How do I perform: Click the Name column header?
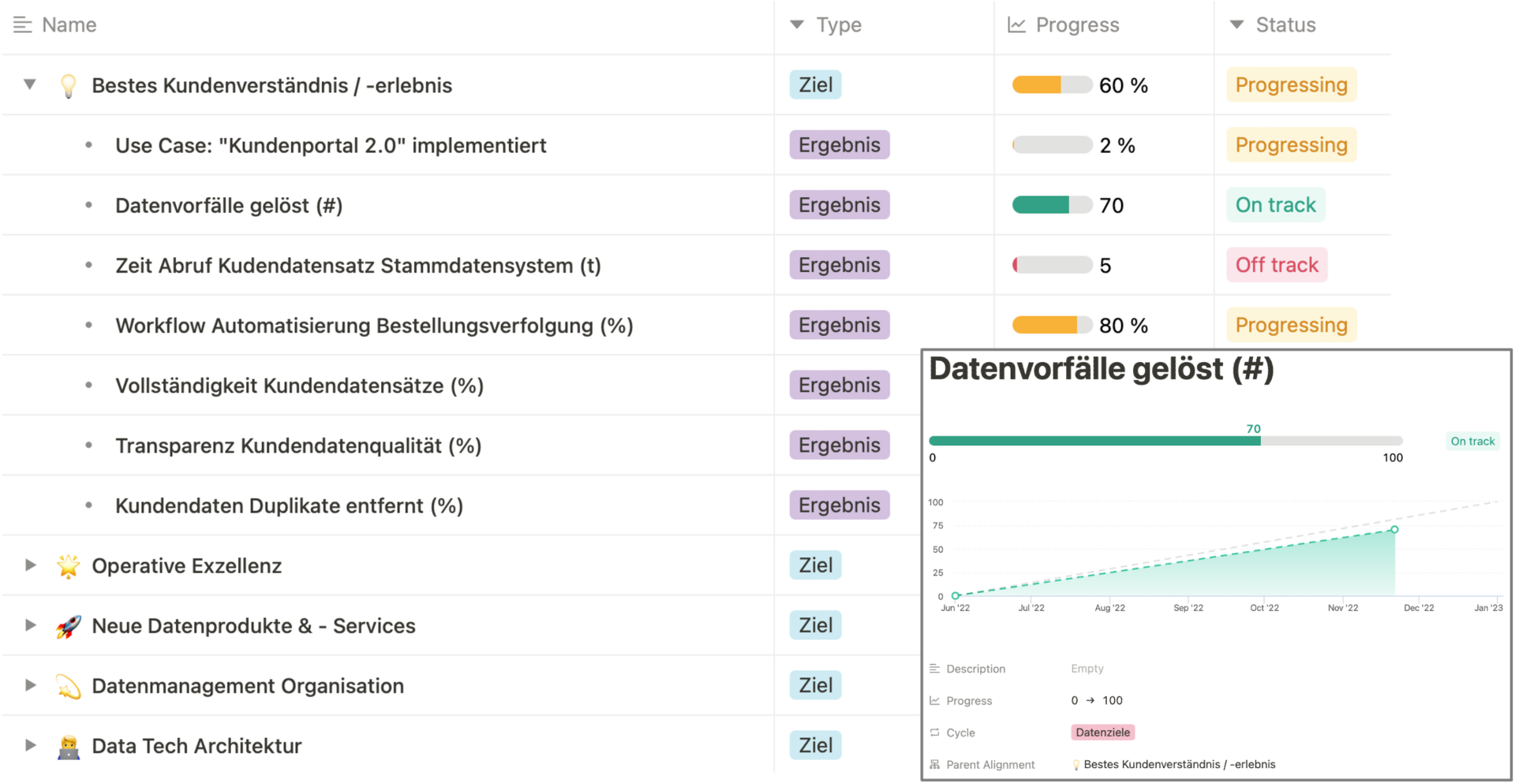[69, 25]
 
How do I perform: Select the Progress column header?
[1076, 25]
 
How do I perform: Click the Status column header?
[1285, 25]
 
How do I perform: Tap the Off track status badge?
[1276, 265]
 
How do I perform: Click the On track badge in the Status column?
[1275, 205]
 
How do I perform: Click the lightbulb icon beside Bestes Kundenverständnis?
[69, 86]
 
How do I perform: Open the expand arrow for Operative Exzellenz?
[30, 565]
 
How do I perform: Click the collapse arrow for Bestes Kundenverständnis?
[30, 84]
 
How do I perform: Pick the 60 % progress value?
[1123, 85]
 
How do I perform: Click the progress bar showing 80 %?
[1052, 325]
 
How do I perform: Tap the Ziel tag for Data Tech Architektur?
[815, 745]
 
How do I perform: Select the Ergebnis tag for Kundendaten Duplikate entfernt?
[839, 505]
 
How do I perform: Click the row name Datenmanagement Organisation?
[248, 686]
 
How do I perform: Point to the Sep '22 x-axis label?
[1188, 608]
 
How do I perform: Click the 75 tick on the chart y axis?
[937, 526]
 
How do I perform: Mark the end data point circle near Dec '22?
[1394, 530]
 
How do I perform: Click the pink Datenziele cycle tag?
[1102, 733]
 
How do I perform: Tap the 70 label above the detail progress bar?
[1253, 429]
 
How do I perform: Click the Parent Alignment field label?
[989, 765]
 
